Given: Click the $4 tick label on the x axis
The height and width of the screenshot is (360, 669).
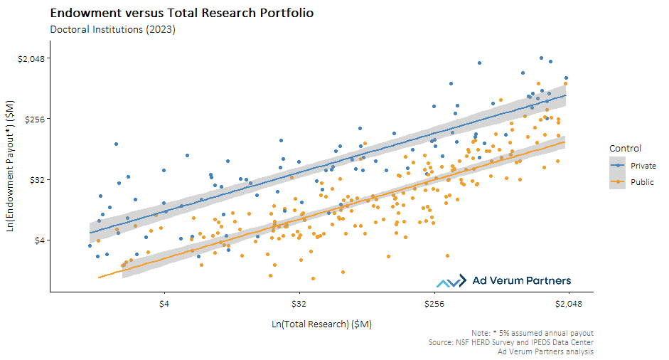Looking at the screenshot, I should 164,302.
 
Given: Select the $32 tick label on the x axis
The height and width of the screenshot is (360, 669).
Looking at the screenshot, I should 299,302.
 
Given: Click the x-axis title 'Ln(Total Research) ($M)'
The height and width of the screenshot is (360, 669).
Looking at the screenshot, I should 321,324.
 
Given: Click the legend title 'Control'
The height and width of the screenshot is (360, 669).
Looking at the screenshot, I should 625,149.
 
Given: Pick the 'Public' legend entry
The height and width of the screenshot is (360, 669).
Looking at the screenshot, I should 642,182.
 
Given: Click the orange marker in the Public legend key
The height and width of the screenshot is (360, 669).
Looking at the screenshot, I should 619,182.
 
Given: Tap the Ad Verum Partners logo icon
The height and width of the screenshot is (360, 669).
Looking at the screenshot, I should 451,282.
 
